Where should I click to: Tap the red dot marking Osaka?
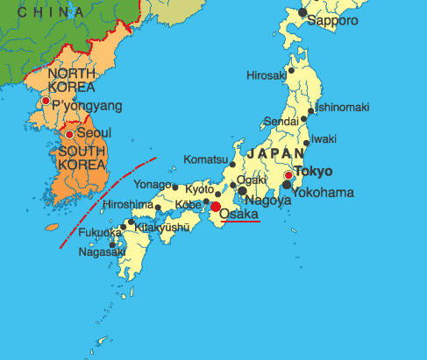click(x=216, y=207)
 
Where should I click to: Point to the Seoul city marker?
click(x=68, y=135)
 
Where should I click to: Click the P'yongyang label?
click(x=87, y=106)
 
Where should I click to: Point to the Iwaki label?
click(x=324, y=138)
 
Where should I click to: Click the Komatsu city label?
click(x=205, y=159)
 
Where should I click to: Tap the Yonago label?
click(x=152, y=184)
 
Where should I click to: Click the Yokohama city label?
click(x=324, y=191)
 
